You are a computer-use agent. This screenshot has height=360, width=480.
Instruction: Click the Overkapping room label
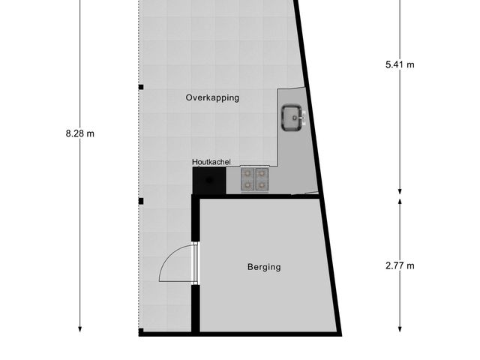(212, 97)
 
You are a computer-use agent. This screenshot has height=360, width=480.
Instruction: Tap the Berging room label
(264, 266)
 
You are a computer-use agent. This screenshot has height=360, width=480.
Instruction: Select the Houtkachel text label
(211, 161)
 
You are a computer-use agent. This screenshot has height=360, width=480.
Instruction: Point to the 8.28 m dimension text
(80, 133)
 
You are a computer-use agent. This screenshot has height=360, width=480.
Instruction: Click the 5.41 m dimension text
(399, 64)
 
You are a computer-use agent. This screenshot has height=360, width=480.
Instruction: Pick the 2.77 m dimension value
(399, 265)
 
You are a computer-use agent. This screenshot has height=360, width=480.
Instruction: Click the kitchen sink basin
(291, 116)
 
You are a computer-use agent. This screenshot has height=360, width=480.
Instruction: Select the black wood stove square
(208, 181)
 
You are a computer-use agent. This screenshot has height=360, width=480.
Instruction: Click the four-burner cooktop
(254, 180)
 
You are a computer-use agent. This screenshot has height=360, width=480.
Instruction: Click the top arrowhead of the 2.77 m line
(399, 201)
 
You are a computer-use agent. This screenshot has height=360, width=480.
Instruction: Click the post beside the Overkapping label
(140, 88)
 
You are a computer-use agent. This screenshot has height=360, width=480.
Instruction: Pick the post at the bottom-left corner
(140, 331)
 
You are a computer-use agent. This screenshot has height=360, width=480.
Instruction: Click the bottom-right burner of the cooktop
(261, 186)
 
